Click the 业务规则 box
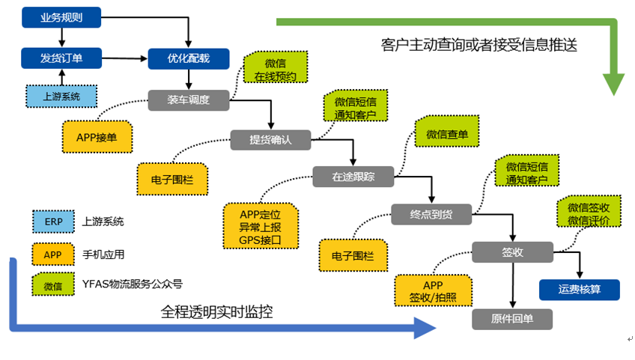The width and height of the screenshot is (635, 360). (61, 17)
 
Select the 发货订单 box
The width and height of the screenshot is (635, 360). (61, 58)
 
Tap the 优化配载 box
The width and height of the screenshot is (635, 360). (189, 58)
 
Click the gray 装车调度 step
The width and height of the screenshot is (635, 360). (188, 100)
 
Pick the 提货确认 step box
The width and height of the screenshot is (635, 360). (270, 139)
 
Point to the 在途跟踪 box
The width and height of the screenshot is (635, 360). (353, 177)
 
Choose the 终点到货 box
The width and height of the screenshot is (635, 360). (431, 215)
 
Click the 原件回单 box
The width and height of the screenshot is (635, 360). (512, 319)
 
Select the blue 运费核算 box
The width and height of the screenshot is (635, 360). (579, 290)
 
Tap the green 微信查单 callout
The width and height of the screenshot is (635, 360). (447, 134)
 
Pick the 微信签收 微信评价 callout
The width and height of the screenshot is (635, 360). (588, 213)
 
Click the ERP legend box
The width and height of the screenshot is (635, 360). (53, 222)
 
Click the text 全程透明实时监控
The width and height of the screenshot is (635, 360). (217, 312)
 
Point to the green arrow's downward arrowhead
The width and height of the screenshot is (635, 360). (613, 84)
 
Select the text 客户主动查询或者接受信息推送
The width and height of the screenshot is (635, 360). (479, 45)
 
